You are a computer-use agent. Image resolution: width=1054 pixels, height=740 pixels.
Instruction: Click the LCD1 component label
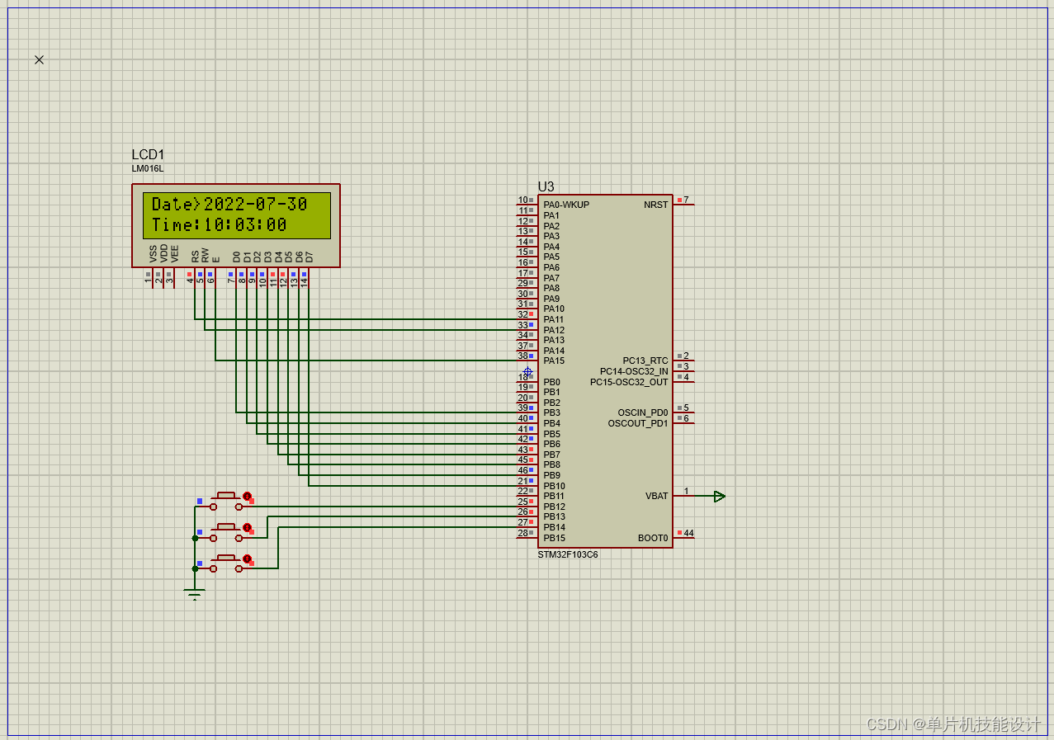click(x=148, y=155)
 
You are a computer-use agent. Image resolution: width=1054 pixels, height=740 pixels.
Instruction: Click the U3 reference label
click(x=546, y=187)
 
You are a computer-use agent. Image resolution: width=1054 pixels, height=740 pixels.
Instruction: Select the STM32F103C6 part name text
click(x=568, y=554)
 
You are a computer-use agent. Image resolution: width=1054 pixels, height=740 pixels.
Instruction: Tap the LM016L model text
click(x=148, y=168)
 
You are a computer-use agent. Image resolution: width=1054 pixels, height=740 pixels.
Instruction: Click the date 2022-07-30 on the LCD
click(x=255, y=204)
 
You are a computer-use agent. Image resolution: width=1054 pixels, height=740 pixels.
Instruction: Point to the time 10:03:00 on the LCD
click(x=245, y=225)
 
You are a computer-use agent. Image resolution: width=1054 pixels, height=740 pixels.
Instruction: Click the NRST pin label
click(x=656, y=205)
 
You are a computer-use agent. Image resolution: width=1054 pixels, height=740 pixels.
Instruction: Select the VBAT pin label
click(x=656, y=496)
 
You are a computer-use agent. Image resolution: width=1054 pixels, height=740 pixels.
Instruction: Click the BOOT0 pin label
click(x=653, y=538)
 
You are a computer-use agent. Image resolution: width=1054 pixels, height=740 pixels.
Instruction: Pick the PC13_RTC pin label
click(x=645, y=361)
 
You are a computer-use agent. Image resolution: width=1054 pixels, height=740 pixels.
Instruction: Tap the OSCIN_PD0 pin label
click(x=643, y=412)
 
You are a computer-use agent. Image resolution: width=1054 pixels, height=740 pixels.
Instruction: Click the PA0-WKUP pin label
click(x=566, y=205)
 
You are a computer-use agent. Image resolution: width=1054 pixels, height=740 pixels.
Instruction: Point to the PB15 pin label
click(x=554, y=538)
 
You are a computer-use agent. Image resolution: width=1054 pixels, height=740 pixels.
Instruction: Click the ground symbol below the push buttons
click(x=195, y=594)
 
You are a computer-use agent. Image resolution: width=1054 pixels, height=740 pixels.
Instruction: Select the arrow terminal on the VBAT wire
click(x=719, y=496)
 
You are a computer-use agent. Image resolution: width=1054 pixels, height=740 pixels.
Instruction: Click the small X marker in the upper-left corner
click(x=39, y=59)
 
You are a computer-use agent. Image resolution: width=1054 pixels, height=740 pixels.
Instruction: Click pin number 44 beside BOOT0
click(x=688, y=533)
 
